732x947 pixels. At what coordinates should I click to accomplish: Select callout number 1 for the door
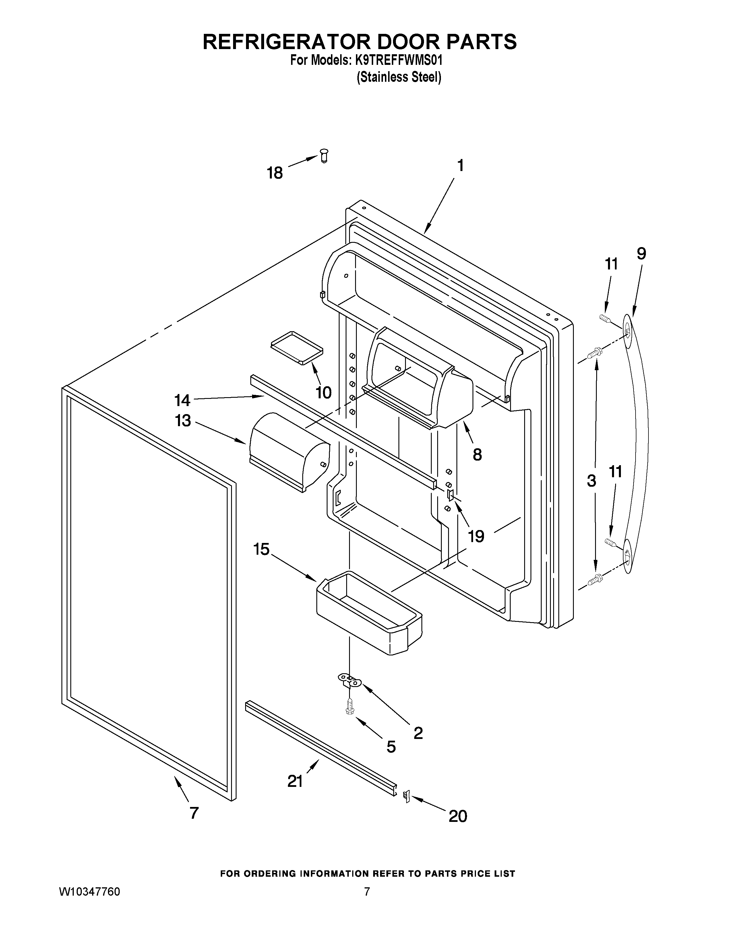pyautogui.click(x=460, y=165)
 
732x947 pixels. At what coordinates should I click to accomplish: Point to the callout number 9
pyautogui.click(x=641, y=254)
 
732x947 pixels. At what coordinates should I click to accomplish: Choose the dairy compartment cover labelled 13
pyautogui.click(x=288, y=451)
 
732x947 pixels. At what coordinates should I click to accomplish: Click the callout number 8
pyautogui.click(x=477, y=455)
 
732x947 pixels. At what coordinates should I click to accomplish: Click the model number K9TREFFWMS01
pyautogui.click(x=398, y=60)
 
